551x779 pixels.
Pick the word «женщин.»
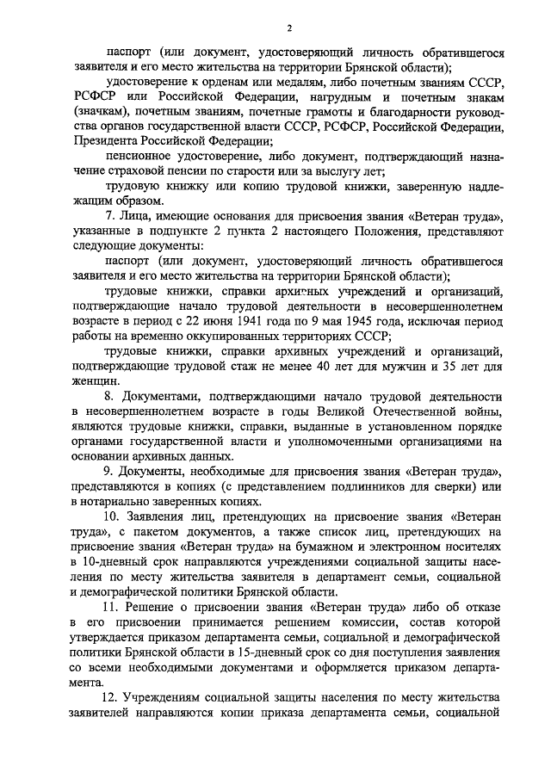coord(97,381)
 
